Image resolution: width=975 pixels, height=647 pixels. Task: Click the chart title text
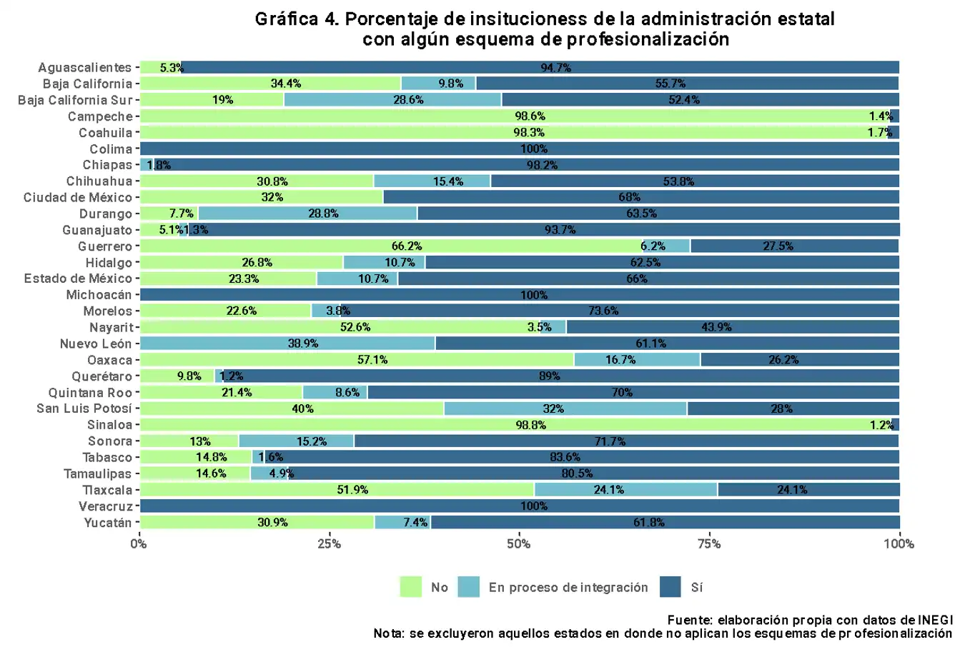pos(545,29)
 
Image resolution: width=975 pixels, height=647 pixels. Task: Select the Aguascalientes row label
pos(85,68)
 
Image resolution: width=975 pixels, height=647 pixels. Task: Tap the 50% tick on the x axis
pos(519,544)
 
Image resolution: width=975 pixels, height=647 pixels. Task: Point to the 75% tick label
pos(709,544)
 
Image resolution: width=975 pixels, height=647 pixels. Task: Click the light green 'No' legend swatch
pos(410,587)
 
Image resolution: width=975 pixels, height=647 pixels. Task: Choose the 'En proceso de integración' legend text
pos(568,588)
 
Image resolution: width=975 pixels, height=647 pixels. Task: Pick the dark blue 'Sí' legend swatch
pos(670,587)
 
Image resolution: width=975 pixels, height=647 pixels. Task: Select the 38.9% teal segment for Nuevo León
pos(288,343)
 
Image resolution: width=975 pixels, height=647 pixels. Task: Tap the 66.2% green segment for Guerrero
pos(392,246)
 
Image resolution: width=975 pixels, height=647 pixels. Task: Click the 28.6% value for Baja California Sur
pos(408,100)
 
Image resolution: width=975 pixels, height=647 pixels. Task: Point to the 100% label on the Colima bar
pos(534,149)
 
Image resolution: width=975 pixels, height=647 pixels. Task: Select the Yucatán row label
pos(108,523)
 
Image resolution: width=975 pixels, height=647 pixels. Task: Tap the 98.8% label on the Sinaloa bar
pos(531,425)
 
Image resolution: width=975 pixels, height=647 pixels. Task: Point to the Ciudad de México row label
pos(78,198)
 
